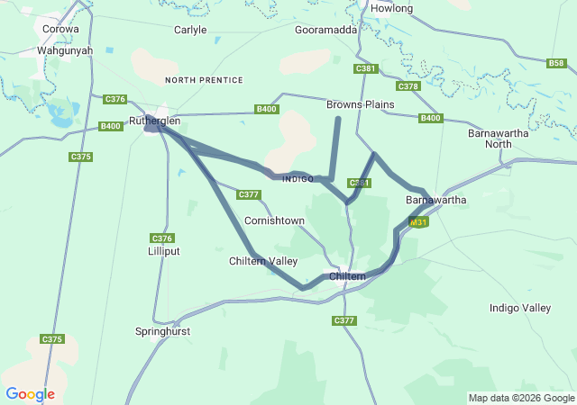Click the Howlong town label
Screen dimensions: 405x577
[391, 8]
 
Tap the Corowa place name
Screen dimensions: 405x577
[60, 29]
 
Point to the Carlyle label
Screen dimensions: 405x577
[190, 30]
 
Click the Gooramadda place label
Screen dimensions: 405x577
[326, 30]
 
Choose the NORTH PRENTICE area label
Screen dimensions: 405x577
[205, 80]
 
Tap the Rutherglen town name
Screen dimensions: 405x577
[154, 121]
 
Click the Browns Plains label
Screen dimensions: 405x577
[361, 104]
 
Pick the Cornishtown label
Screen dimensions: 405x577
[274, 220]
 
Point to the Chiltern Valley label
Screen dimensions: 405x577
[262, 261]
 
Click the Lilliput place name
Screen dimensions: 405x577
[163, 251]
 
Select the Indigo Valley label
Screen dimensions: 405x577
[519, 308]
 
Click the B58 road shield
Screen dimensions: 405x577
[557, 63]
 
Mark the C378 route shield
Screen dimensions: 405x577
[408, 86]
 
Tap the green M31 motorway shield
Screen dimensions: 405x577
[417, 222]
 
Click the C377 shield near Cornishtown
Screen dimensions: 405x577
[249, 194]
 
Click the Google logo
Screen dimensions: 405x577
[30, 394]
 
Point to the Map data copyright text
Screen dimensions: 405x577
[521, 398]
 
